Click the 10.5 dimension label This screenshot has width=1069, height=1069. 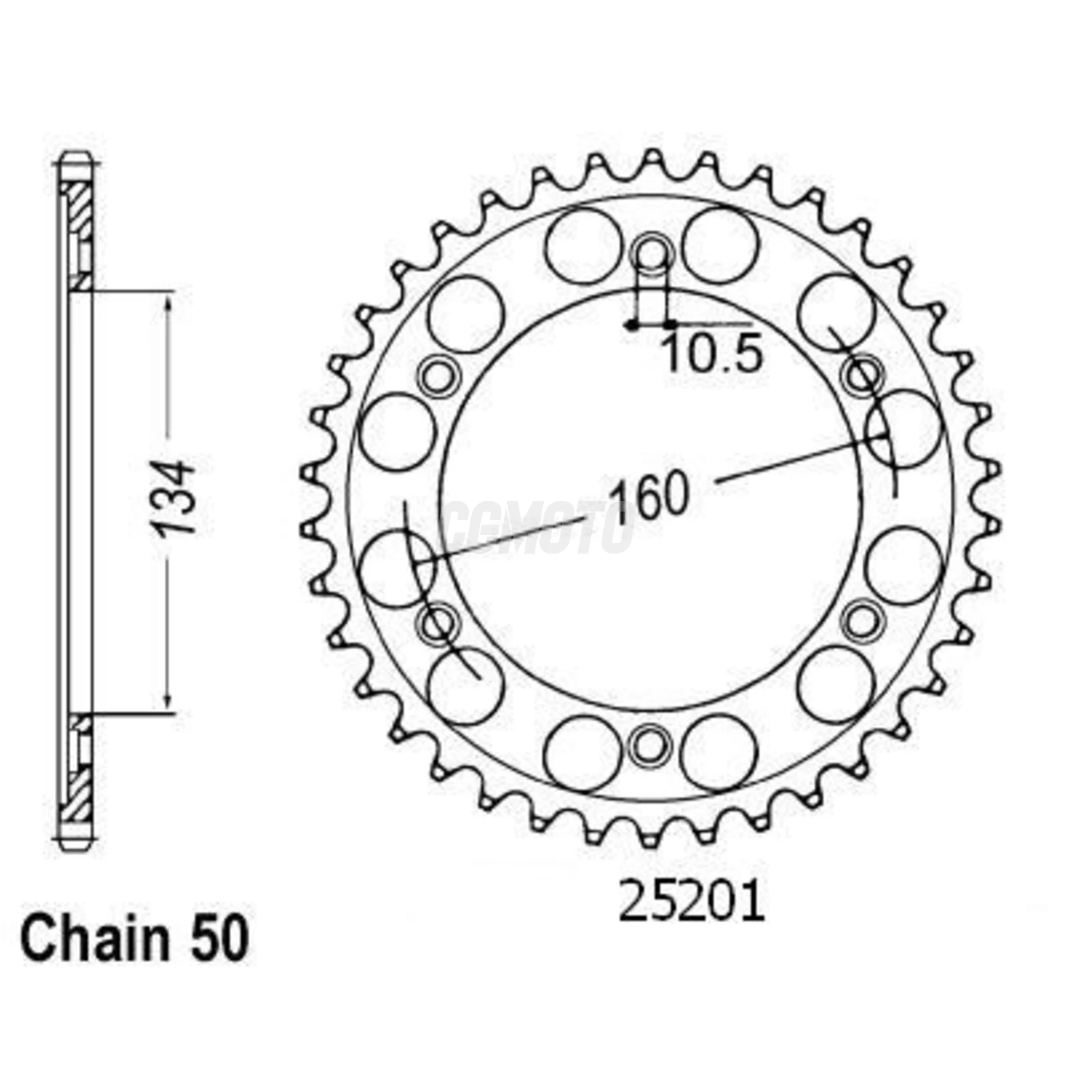712,355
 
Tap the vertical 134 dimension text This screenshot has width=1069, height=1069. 173,497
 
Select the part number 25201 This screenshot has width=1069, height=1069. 691,903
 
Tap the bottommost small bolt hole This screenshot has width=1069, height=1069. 650,744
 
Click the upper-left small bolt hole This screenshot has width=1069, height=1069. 439,375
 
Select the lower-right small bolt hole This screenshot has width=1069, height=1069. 863,619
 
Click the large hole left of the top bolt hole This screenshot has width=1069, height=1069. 584,246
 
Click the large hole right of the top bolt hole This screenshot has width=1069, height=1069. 720,246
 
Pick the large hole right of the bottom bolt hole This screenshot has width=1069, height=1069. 719,753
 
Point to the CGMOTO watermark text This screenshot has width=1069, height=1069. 538,527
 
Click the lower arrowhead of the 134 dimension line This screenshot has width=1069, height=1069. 168,704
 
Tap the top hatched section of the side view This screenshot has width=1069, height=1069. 77,229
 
